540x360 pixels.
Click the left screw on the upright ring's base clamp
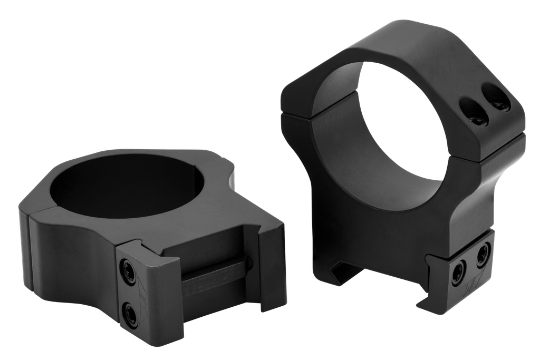click(458, 272)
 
